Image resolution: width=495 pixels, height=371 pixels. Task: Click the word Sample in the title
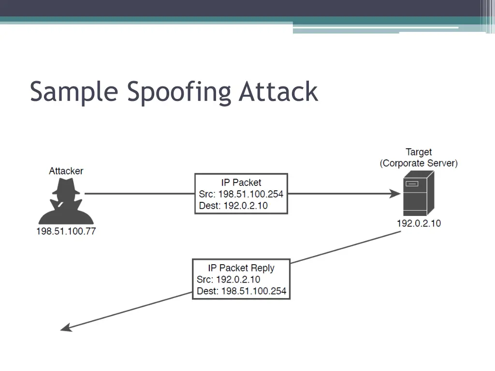pyautogui.click(x=74, y=91)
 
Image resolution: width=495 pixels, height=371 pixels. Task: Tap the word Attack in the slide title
pyautogui.click(x=278, y=91)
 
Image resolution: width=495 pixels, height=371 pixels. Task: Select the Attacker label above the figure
pyautogui.click(x=66, y=171)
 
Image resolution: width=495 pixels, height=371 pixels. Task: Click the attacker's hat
pyautogui.click(x=66, y=186)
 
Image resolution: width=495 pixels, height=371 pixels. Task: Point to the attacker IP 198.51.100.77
pyautogui.click(x=66, y=231)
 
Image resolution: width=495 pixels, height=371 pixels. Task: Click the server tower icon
pyautogui.click(x=419, y=193)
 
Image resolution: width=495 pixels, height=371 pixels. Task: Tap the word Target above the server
pyautogui.click(x=419, y=152)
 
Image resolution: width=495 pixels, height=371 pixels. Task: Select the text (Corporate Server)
pyautogui.click(x=419, y=163)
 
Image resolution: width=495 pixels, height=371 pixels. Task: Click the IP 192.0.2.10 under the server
pyautogui.click(x=419, y=223)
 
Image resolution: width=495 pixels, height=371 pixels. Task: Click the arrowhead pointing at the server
pyautogui.click(x=395, y=193)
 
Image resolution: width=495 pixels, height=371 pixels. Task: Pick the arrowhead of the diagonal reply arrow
pyautogui.click(x=66, y=328)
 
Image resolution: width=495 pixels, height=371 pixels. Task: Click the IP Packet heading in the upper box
pyautogui.click(x=241, y=182)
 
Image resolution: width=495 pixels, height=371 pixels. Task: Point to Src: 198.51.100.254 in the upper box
pyautogui.click(x=241, y=194)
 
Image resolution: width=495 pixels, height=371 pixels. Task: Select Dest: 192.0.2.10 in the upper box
pyautogui.click(x=233, y=206)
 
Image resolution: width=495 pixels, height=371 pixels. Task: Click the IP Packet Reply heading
pyautogui.click(x=241, y=268)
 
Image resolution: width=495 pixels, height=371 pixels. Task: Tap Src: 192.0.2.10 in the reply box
pyautogui.click(x=229, y=280)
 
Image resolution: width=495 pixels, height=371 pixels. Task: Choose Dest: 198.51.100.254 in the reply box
pyautogui.click(x=242, y=291)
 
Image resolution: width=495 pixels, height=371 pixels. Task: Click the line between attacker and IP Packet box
pyautogui.click(x=140, y=193)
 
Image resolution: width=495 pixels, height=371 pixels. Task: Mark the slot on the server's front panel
pyautogui.click(x=412, y=184)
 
